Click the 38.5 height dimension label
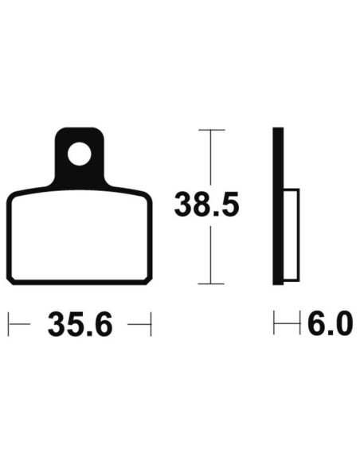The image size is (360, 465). [x=207, y=205]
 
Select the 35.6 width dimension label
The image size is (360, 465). [x=80, y=324]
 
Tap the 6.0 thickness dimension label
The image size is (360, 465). [x=330, y=323]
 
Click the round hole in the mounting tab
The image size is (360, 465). [x=79, y=154]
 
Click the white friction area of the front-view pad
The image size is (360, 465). [x=79, y=235]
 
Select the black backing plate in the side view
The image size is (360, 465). [x=278, y=206]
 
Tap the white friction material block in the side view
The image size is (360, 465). [x=292, y=234]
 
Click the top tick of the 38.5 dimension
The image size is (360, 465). [x=211, y=130]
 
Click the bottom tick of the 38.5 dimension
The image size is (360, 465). [x=211, y=283]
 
